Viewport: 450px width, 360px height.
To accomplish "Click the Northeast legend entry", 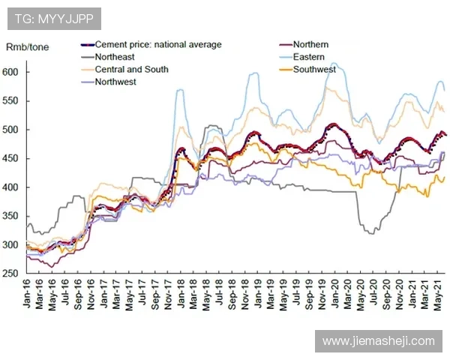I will pos(117,56).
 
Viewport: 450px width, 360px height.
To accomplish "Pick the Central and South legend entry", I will pos(131,69).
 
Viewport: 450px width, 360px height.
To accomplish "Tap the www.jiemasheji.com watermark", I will pos(378,340).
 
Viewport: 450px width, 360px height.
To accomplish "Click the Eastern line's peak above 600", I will pos(332,64).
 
